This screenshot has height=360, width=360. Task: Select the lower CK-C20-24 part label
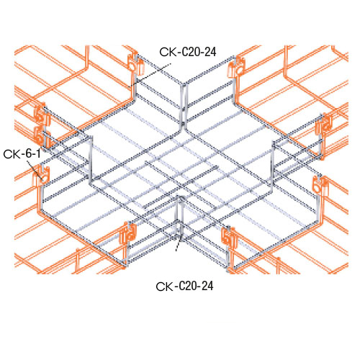[x=184, y=285]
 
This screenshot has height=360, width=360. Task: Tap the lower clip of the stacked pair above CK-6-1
[x=40, y=132]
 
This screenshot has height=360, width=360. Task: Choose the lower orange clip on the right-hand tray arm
[x=320, y=186]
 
